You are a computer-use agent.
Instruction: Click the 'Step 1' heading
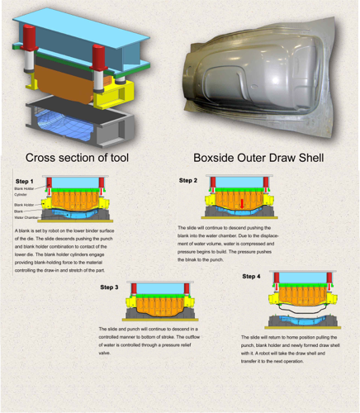[x=24, y=181]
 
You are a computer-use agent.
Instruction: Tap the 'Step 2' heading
[x=188, y=180]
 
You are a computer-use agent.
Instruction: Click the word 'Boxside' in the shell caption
[x=216, y=157]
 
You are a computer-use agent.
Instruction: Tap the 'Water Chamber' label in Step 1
[x=25, y=217]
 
